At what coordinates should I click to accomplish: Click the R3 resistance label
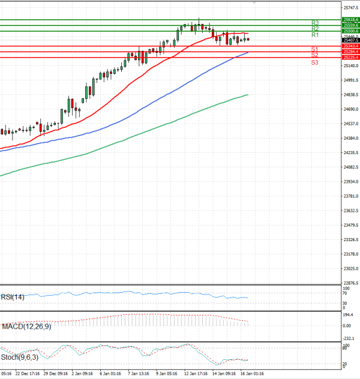pos(315,23)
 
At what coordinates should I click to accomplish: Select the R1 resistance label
pos(315,35)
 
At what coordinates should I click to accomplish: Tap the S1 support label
pos(314,49)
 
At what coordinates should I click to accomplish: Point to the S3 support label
pos(314,62)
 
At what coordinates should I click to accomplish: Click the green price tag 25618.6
pos(350,20)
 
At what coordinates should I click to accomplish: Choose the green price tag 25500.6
pos(350,31)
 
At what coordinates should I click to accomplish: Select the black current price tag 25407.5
pos(350,40)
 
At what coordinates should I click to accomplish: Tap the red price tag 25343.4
pos(350,46)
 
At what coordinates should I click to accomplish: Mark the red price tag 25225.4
pos(350,58)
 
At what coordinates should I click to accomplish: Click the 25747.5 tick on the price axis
pos(350,8)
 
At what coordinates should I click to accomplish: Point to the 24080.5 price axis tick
pos(350,167)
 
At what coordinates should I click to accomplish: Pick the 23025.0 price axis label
pos(350,269)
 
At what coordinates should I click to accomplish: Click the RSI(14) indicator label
pos(13,296)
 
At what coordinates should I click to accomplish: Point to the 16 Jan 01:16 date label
pos(253,372)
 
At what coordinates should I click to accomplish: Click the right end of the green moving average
pos(248,95)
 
